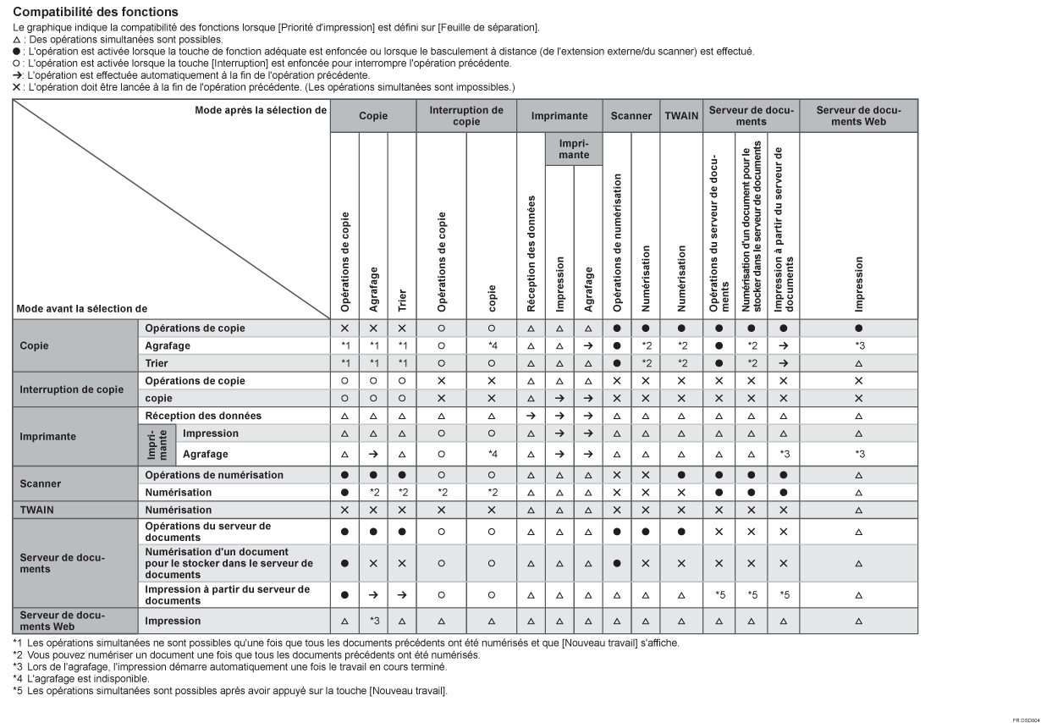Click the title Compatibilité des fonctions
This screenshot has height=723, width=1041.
click(96, 12)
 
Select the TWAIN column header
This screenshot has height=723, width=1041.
click(679, 115)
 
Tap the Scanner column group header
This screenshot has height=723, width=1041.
click(631, 115)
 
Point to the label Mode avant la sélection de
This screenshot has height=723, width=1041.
click(75, 309)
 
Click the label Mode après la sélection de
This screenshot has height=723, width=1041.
click(260, 110)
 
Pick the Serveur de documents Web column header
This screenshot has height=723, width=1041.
click(858, 115)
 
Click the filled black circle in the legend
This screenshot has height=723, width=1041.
click(17, 52)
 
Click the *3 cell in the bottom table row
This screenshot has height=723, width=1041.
click(373, 621)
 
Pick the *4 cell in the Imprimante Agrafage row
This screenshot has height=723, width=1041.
click(491, 454)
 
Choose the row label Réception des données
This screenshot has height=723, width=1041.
click(203, 416)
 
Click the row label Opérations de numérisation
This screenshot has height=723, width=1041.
click(214, 475)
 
